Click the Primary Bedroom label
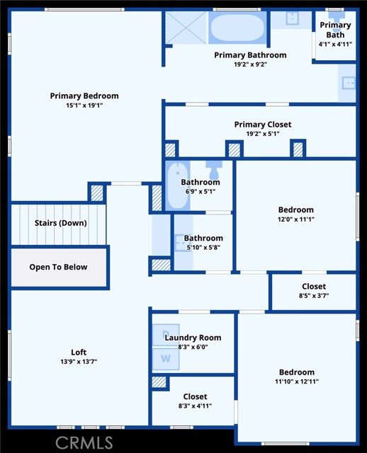tap(84, 96)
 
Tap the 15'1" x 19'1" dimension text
tap(84, 105)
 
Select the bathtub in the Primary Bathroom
tap(237, 28)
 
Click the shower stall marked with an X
tap(186, 28)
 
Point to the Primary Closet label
tap(263, 125)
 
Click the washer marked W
tap(166, 359)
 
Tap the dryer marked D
tap(166, 335)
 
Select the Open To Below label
tap(58, 267)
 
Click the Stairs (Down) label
tap(60, 223)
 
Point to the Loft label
tap(79, 352)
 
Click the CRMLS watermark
tap(84, 442)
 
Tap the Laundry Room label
tap(193, 338)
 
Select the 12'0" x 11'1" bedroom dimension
tap(296, 219)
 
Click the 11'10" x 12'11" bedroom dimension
tap(297, 382)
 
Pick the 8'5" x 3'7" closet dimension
tap(314, 296)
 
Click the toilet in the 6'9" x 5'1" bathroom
tap(214, 171)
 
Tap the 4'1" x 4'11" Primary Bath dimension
tap(335, 45)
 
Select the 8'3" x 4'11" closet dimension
tap(195, 406)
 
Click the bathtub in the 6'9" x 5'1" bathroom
tap(178, 185)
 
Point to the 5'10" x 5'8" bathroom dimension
tap(203, 248)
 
